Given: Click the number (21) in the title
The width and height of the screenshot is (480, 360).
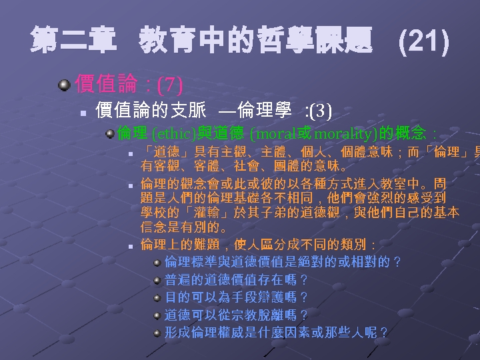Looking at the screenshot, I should (x=423, y=43).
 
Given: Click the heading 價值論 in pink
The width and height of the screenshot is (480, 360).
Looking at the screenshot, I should (x=106, y=84).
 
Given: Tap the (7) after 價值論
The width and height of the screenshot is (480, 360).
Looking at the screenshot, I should (x=169, y=85).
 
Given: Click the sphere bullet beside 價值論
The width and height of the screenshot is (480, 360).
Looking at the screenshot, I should (x=63, y=85).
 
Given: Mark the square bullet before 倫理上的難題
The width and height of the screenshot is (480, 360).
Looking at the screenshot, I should (x=132, y=247).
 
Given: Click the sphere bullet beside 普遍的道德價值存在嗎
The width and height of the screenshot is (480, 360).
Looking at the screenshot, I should (x=157, y=280).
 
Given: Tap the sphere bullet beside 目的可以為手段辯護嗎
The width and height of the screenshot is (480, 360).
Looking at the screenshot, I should (x=157, y=297).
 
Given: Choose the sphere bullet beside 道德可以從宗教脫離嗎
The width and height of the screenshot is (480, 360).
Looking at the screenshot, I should (x=157, y=315).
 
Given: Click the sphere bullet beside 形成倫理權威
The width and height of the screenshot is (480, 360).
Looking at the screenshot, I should (x=157, y=332).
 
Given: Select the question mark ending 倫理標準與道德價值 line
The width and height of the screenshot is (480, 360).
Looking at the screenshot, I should (x=397, y=262).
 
